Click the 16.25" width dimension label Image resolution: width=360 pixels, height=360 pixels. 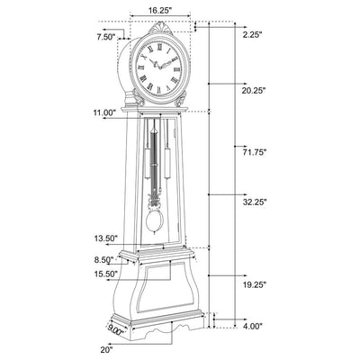click(x=160, y=10)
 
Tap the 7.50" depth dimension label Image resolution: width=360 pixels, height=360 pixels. click(x=106, y=37)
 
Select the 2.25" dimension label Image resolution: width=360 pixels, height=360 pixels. click(x=253, y=35)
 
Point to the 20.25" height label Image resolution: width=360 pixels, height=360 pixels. click(x=254, y=90)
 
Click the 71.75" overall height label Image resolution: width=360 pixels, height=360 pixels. click(x=255, y=152)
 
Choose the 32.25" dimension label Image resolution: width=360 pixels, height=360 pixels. click(x=255, y=202)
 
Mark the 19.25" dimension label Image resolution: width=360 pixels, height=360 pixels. click(x=255, y=284)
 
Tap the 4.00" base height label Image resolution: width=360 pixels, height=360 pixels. click(x=253, y=326)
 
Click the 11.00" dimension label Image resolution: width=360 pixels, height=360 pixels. click(x=104, y=113)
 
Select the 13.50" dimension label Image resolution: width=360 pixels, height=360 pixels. click(x=105, y=238)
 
